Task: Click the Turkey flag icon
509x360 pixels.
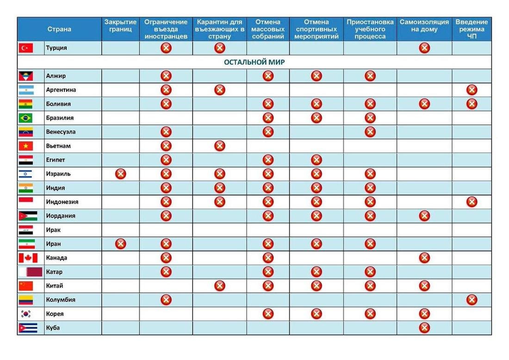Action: (x=26, y=48)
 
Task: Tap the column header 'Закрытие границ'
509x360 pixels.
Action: (x=120, y=25)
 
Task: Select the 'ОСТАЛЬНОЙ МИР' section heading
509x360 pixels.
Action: (x=254, y=62)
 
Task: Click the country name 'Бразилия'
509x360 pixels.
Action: (x=60, y=118)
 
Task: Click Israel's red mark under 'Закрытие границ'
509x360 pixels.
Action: (x=120, y=174)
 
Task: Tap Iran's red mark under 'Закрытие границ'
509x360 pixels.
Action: (x=120, y=244)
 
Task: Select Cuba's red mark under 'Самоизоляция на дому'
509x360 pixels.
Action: (x=424, y=328)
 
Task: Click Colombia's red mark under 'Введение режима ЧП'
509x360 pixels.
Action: (x=472, y=300)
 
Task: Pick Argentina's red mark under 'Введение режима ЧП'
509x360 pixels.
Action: (x=472, y=90)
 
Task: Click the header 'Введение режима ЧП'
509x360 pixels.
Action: (x=472, y=29)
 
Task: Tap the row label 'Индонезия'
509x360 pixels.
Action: (x=62, y=202)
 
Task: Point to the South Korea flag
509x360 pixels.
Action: (x=25, y=314)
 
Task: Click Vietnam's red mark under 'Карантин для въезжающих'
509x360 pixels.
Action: (x=220, y=146)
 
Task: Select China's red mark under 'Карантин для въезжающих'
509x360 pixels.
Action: (x=220, y=286)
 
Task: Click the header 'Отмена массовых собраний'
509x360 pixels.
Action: (x=268, y=29)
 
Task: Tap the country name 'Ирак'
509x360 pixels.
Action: (x=53, y=230)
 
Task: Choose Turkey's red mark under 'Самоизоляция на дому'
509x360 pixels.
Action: (x=424, y=48)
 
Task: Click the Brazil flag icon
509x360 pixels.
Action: (x=25, y=118)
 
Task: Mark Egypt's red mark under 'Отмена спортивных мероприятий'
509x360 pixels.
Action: (x=317, y=160)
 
